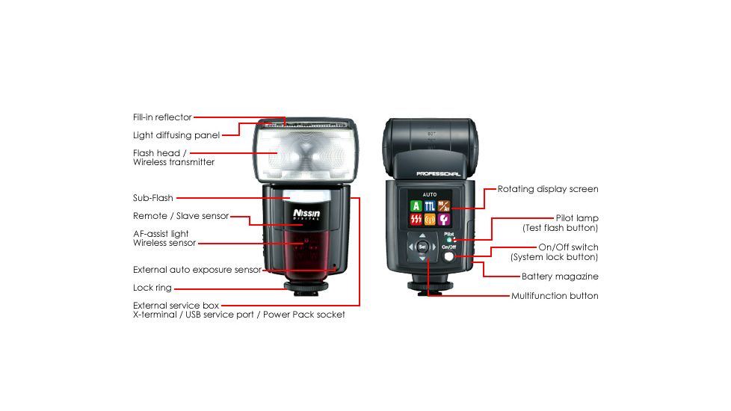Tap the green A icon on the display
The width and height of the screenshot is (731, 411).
[415, 205]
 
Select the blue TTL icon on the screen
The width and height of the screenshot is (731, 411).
[429, 205]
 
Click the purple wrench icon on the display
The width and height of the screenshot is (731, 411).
[443, 220]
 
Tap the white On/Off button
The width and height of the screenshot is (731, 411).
[448, 256]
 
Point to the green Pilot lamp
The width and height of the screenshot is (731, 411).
[449, 240]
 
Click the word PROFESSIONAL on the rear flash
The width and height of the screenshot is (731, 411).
[438, 174]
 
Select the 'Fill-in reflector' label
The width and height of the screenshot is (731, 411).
[162, 117]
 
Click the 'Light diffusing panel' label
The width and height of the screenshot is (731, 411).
[176, 135]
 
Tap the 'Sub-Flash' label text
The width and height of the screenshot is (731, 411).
[153, 198]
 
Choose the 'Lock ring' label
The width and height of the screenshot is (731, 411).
[152, 288]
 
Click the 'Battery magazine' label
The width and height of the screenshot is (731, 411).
[560, 276]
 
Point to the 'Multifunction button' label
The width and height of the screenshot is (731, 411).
[555, 296]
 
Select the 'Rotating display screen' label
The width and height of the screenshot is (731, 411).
[548, 189]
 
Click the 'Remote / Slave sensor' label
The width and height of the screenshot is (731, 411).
[181, 216]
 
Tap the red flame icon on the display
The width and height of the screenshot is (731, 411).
[415, 220]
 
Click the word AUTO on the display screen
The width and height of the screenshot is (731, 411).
[429, 193]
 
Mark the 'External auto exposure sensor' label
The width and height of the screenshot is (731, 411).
[197, 270]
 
